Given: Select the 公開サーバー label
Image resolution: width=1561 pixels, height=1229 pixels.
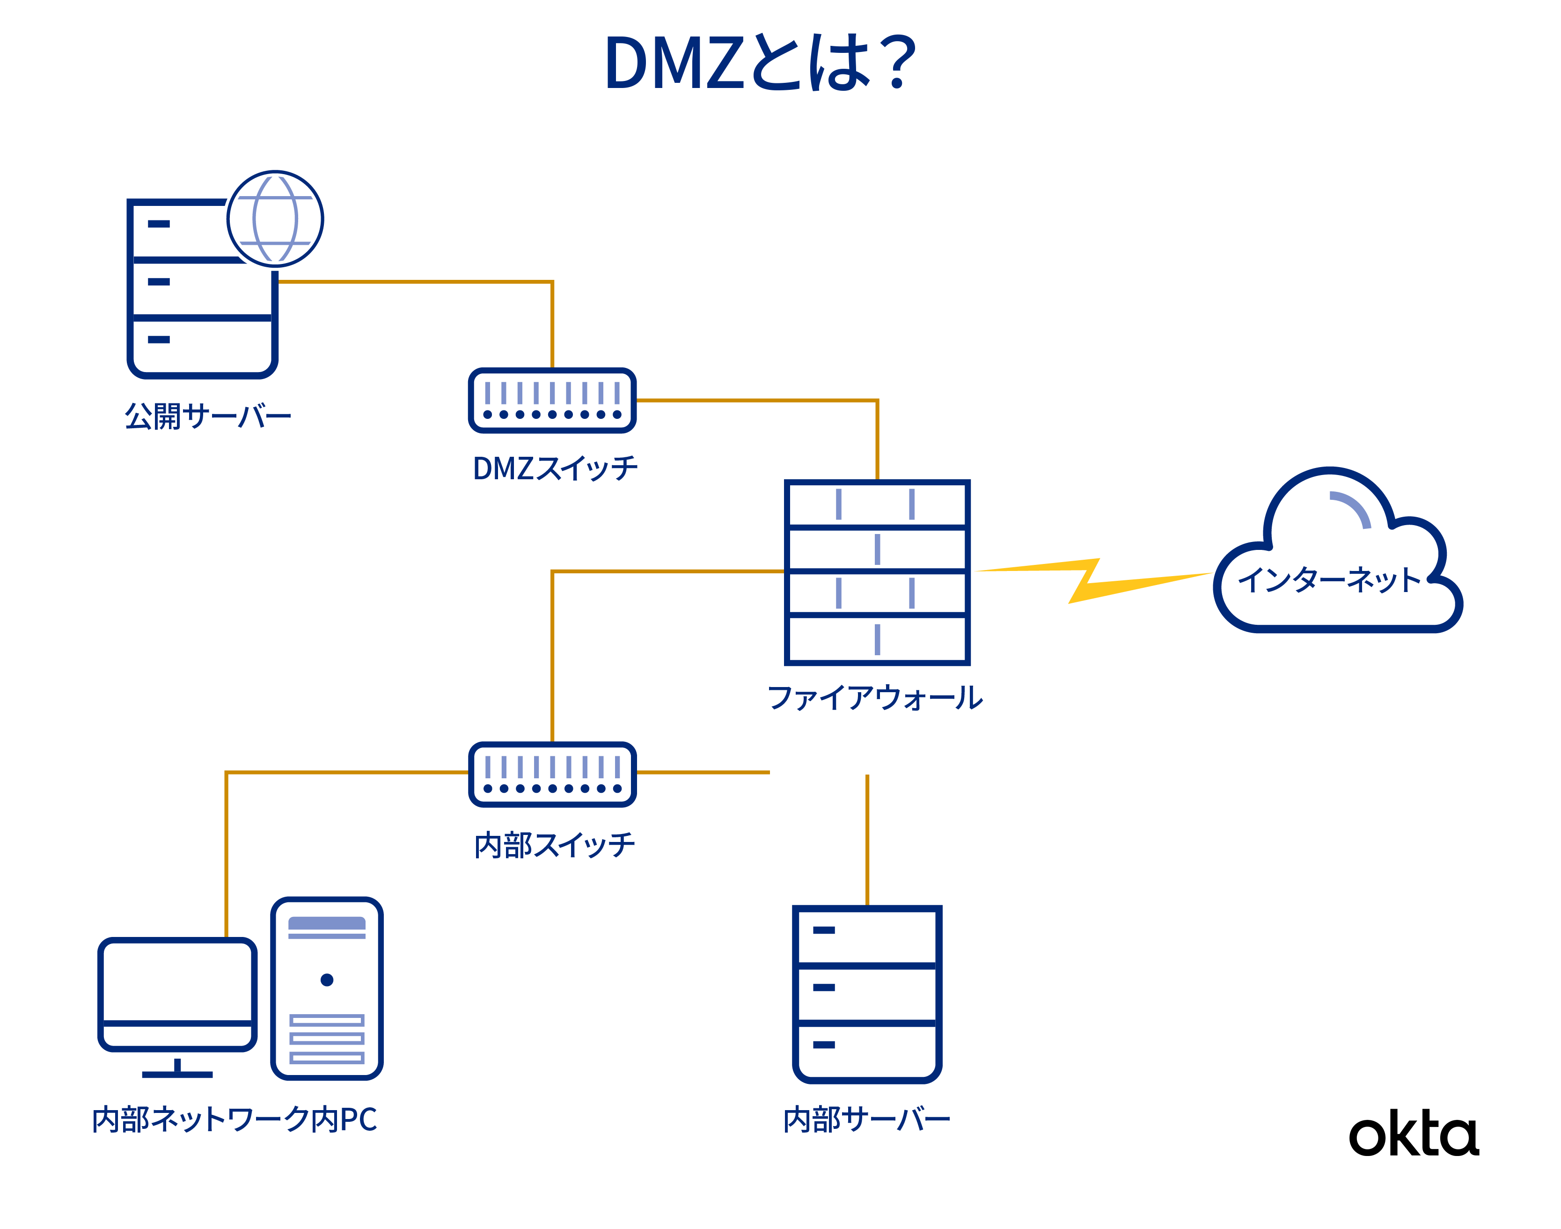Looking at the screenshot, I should click(x=207, y=417).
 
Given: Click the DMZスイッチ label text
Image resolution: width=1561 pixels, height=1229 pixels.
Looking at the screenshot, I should click(x=555, y=469).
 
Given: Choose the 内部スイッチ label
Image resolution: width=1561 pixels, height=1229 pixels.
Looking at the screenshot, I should click(x=554, y=846).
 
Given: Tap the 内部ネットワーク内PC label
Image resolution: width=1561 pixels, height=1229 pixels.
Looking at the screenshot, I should click(x=235, y=1120).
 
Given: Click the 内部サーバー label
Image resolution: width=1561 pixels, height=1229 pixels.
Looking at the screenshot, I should click(x=866, y=1119).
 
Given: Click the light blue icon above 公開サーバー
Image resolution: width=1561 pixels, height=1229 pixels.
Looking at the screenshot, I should click(x=276, y=219).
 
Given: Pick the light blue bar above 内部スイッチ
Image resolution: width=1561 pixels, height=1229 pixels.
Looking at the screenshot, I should click(x=558, y=769).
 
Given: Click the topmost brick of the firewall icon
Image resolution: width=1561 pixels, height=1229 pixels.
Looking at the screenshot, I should click(x=900, y=506).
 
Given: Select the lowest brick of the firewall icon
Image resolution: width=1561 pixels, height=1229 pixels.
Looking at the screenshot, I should click(x=919, y=641).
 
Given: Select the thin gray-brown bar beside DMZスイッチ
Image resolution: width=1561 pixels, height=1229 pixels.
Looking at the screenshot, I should click(x=755, y=413).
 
